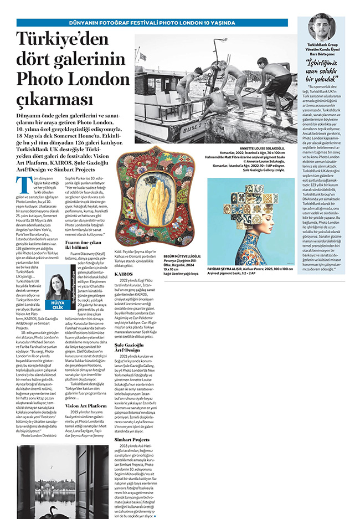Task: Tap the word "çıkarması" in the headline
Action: click(51, 99)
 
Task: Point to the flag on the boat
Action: click(143, 56)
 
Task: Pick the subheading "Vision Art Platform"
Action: click(86, 406)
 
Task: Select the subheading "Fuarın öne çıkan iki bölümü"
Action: click(84, 245)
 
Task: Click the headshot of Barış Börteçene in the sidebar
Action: click(321, 26)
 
